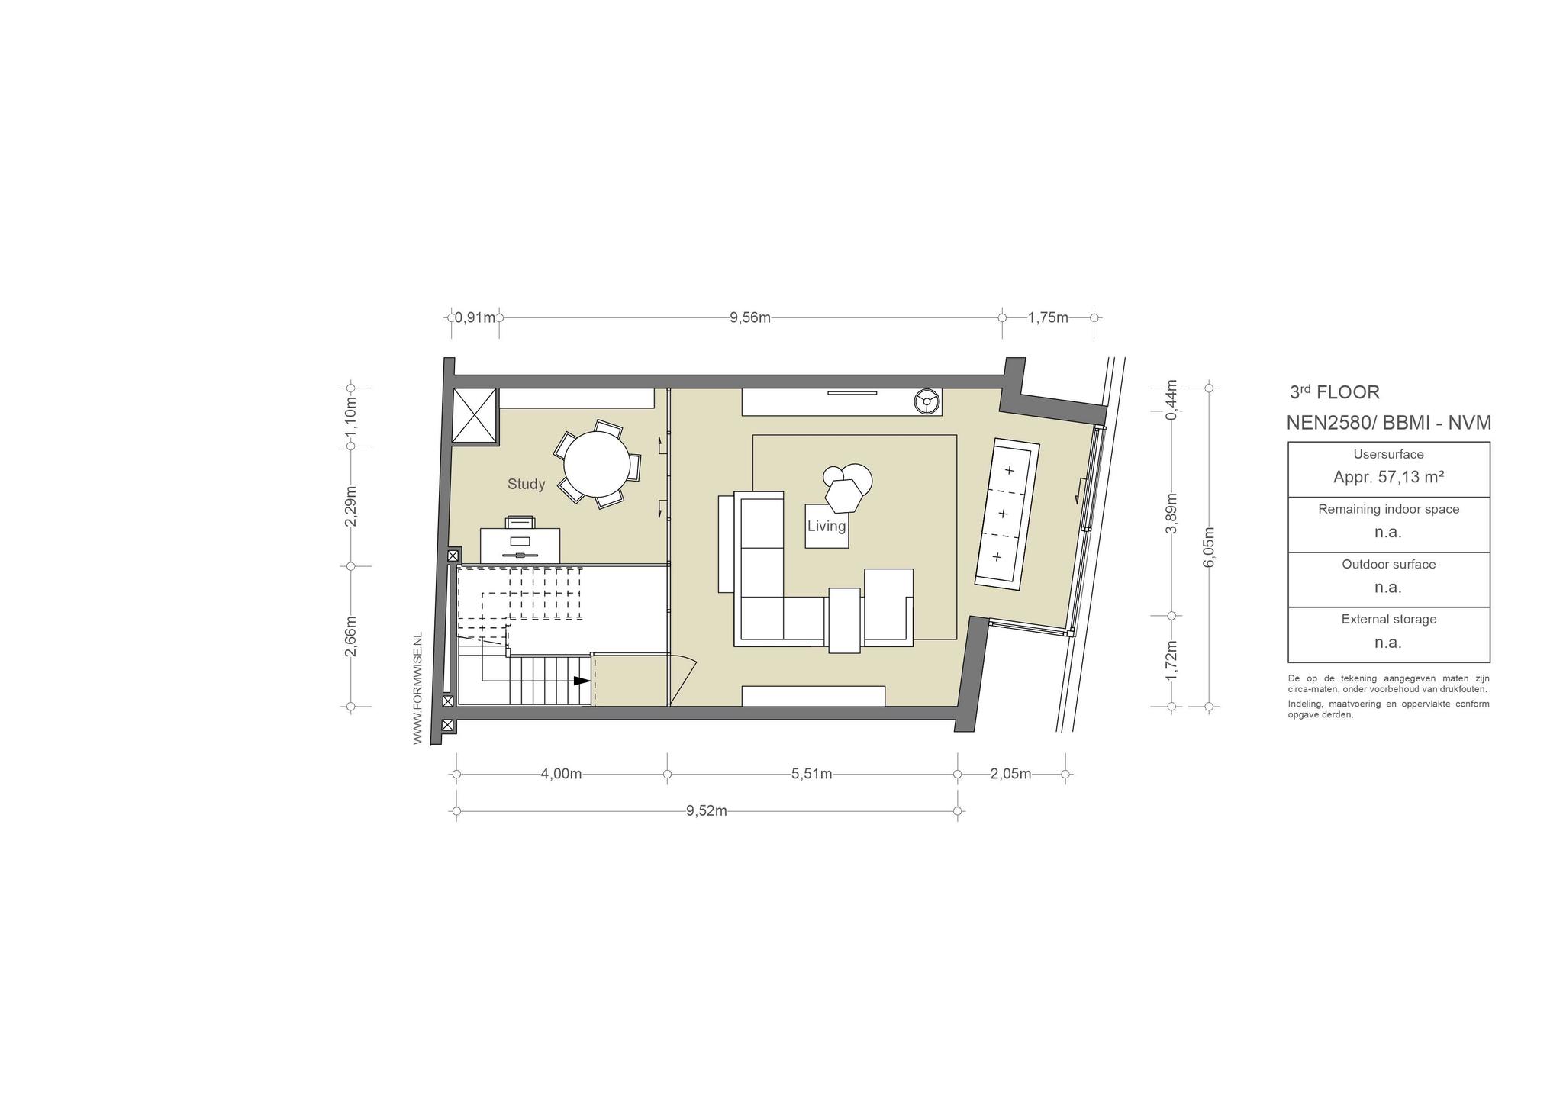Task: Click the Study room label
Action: [527, 484]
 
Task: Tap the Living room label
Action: [827, 526]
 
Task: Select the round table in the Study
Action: [597, 464]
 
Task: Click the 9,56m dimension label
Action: [750, 317]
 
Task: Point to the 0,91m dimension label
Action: [475, 317]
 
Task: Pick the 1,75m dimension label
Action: [1048, 317]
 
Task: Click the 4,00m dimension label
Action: [561, 774]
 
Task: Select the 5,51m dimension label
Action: [811, 774]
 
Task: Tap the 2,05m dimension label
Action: [1010, 774]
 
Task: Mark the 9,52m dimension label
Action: [706, 810]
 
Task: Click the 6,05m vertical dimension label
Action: [1208, 547]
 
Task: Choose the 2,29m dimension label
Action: [350, 506]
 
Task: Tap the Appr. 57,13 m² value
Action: [1388, 477]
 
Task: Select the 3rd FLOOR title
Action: [1335, 392]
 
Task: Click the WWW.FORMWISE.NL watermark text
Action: [417, 688]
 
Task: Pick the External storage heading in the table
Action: [1388, 619]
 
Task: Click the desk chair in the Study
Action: [520, 522]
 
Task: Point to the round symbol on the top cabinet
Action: [927, 401]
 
